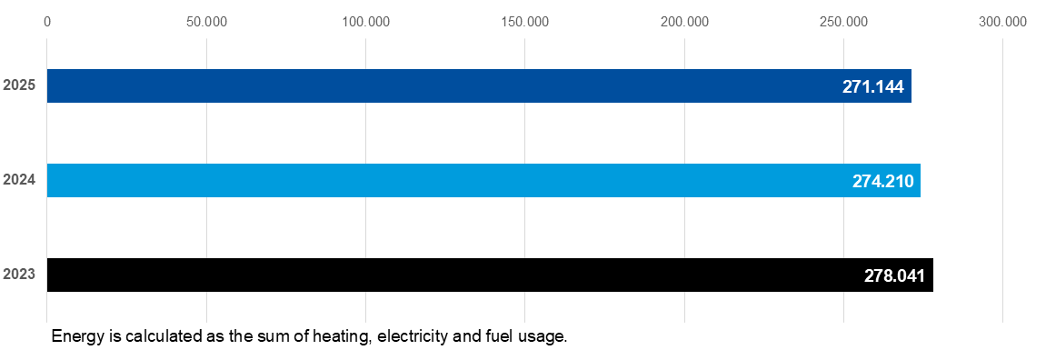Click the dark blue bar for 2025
click(479, 85)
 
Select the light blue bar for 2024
click(483, 180)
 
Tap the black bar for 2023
click(491, 275)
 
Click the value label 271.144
click(872, 86)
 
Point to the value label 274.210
click(882, 181)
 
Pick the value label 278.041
click(894, 275)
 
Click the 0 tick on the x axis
click(46, 22)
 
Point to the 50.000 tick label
click(207, 22)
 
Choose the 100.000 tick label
click(365, 22)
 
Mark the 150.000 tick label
click(525, 22)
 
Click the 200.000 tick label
click(684, 22)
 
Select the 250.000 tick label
click(844, 22)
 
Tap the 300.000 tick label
click(1002, 22)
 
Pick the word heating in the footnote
click(347, 337)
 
